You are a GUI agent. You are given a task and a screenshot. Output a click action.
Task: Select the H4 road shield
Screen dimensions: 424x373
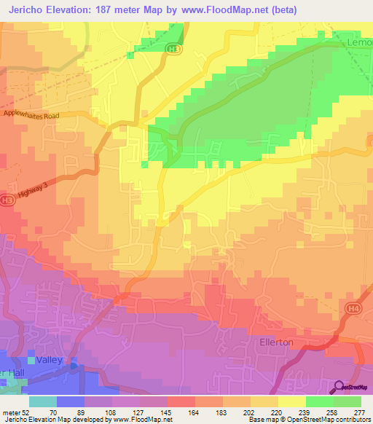click(x=355, y=310)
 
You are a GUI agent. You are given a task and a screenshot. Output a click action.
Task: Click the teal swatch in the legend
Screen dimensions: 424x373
click(x=43, y=401)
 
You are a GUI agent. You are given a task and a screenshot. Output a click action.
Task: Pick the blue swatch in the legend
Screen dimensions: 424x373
click(x=71, y=401)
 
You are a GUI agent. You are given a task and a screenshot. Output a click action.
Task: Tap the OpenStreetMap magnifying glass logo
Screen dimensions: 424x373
click(x=339, y=388)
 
